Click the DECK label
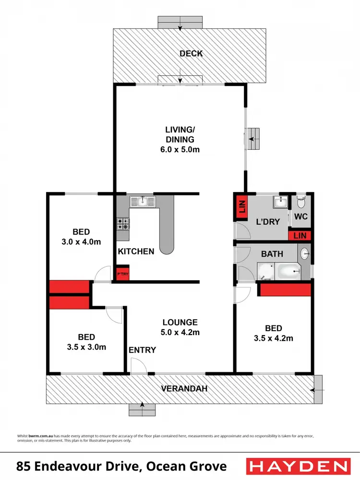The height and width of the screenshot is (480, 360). [191, 53]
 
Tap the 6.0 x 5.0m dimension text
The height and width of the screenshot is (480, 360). [180, 150]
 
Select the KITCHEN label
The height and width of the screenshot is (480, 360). [136, 251]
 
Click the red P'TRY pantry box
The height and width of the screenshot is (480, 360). [123, 272]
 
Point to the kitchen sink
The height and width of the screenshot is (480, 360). [143, 202]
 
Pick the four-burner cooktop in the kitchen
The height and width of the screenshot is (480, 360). [123, 224]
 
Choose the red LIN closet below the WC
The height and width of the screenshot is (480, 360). [300, 235]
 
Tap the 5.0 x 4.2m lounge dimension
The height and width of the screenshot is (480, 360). [180, 332]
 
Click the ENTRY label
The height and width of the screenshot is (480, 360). [143, 350]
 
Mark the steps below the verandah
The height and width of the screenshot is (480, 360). [143, 409]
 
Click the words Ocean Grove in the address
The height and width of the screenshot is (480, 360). [187, 466]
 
